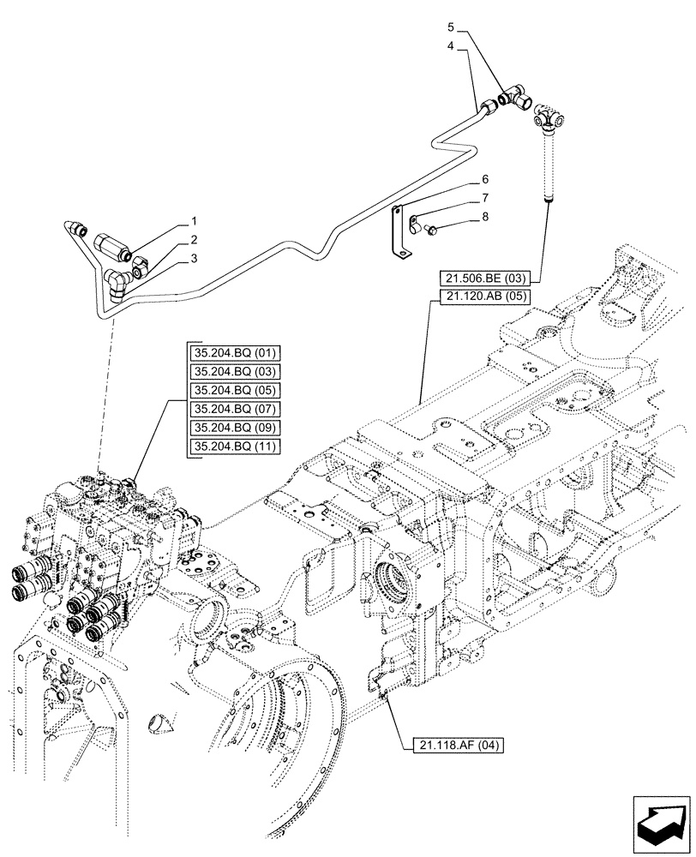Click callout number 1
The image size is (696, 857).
click(195, 222)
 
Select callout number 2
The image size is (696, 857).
click(195, 240)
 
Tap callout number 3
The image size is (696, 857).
click(195, 257)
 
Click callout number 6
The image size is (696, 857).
click(484, 179)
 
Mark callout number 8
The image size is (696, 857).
click(484, 217)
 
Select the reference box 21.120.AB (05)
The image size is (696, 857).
click(485, 297)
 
